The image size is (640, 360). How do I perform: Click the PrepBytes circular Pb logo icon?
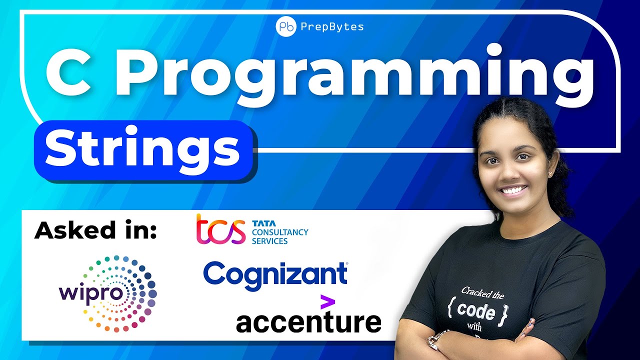click(286, 27)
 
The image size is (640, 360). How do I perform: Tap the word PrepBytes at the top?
click(332, 27)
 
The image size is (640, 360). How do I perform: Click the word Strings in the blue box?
click(142, 149)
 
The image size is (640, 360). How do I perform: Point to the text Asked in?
click(95, 230)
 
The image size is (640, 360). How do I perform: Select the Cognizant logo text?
click(274, 274)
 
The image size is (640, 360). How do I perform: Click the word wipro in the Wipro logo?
click(91, 292)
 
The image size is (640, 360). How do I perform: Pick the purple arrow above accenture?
click(327, 301)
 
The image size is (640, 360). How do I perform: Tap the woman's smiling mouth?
click(514, 190)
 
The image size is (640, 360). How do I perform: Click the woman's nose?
click(512, 172)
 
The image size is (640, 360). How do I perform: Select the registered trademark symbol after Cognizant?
click(347, 264)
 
